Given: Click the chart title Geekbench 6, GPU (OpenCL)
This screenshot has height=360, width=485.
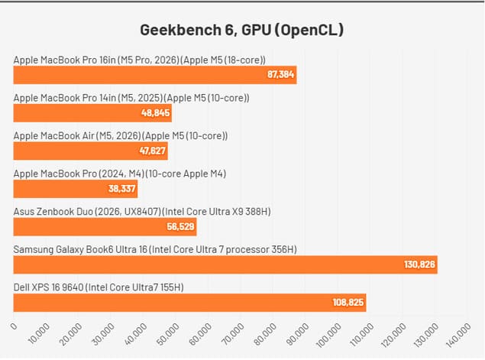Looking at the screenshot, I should click(x=242, y=30).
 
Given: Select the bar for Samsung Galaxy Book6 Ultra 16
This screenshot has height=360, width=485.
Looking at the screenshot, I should click(x=225, y=264).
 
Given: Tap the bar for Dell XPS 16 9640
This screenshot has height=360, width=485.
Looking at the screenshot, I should click(x=189, y=302).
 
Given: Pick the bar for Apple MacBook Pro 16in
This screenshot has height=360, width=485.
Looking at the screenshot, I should click(x=154, y=75).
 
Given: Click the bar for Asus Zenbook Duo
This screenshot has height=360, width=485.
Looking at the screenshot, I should click(x=105, y=227).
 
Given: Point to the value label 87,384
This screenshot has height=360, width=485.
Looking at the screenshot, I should click(x=280, y=75).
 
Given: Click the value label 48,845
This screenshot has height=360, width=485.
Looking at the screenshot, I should click(x=154, y=113).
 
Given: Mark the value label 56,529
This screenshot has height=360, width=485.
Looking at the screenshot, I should click(x=179, y=227).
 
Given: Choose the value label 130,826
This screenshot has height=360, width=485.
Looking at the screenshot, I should click(x=419, y=264).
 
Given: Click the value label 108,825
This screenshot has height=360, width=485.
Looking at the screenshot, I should click(x=348, y=303).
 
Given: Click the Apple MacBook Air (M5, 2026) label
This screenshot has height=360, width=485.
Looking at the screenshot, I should click(x=121, y=135).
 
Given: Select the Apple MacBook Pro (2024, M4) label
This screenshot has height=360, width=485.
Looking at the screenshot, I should click(x=120, y=174).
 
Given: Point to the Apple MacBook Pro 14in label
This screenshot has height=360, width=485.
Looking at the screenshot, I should click(x=131, y=98).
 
